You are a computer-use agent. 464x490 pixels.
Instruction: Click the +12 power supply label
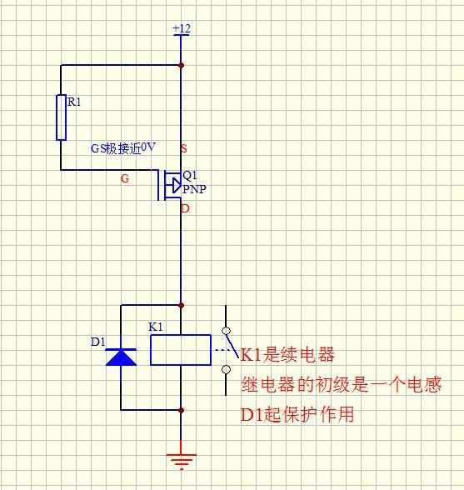[181, 29]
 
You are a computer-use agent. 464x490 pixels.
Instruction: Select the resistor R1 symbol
[61, 117]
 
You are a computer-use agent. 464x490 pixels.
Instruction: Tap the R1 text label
[75, 102]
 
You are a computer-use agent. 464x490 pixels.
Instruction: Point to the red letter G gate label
[125, 178]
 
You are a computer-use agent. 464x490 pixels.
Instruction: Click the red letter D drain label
[185, 208]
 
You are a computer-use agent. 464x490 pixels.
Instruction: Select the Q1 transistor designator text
[190, 176]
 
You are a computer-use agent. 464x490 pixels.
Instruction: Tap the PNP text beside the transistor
[194, 189]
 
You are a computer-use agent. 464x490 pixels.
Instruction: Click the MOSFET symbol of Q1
[172, 185]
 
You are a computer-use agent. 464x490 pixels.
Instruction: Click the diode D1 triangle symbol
[122, 357]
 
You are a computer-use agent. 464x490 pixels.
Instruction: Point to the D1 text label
[97, 342]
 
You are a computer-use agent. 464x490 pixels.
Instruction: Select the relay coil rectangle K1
[181, 349]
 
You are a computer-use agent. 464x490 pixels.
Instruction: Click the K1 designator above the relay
[156, 327]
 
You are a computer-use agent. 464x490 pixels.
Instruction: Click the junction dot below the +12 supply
[181, 65]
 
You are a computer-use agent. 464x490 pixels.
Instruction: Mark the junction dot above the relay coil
[181, 305]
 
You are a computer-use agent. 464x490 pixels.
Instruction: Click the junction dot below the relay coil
[181, 410]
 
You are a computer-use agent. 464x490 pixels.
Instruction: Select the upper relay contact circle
[225, 331]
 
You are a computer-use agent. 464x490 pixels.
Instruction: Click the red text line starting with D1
[297, 414]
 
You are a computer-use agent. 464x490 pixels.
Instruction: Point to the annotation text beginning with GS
[123, 147]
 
